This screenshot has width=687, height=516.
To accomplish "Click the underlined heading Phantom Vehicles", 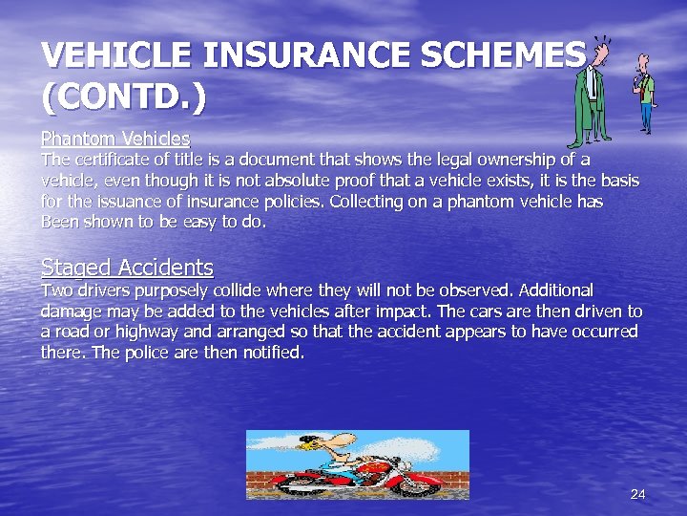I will point(115,139).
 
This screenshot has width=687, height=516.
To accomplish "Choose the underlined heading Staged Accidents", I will point(127,268).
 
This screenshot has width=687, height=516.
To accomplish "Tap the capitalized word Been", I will point(63,223).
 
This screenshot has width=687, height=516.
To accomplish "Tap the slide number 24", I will point(638,494).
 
